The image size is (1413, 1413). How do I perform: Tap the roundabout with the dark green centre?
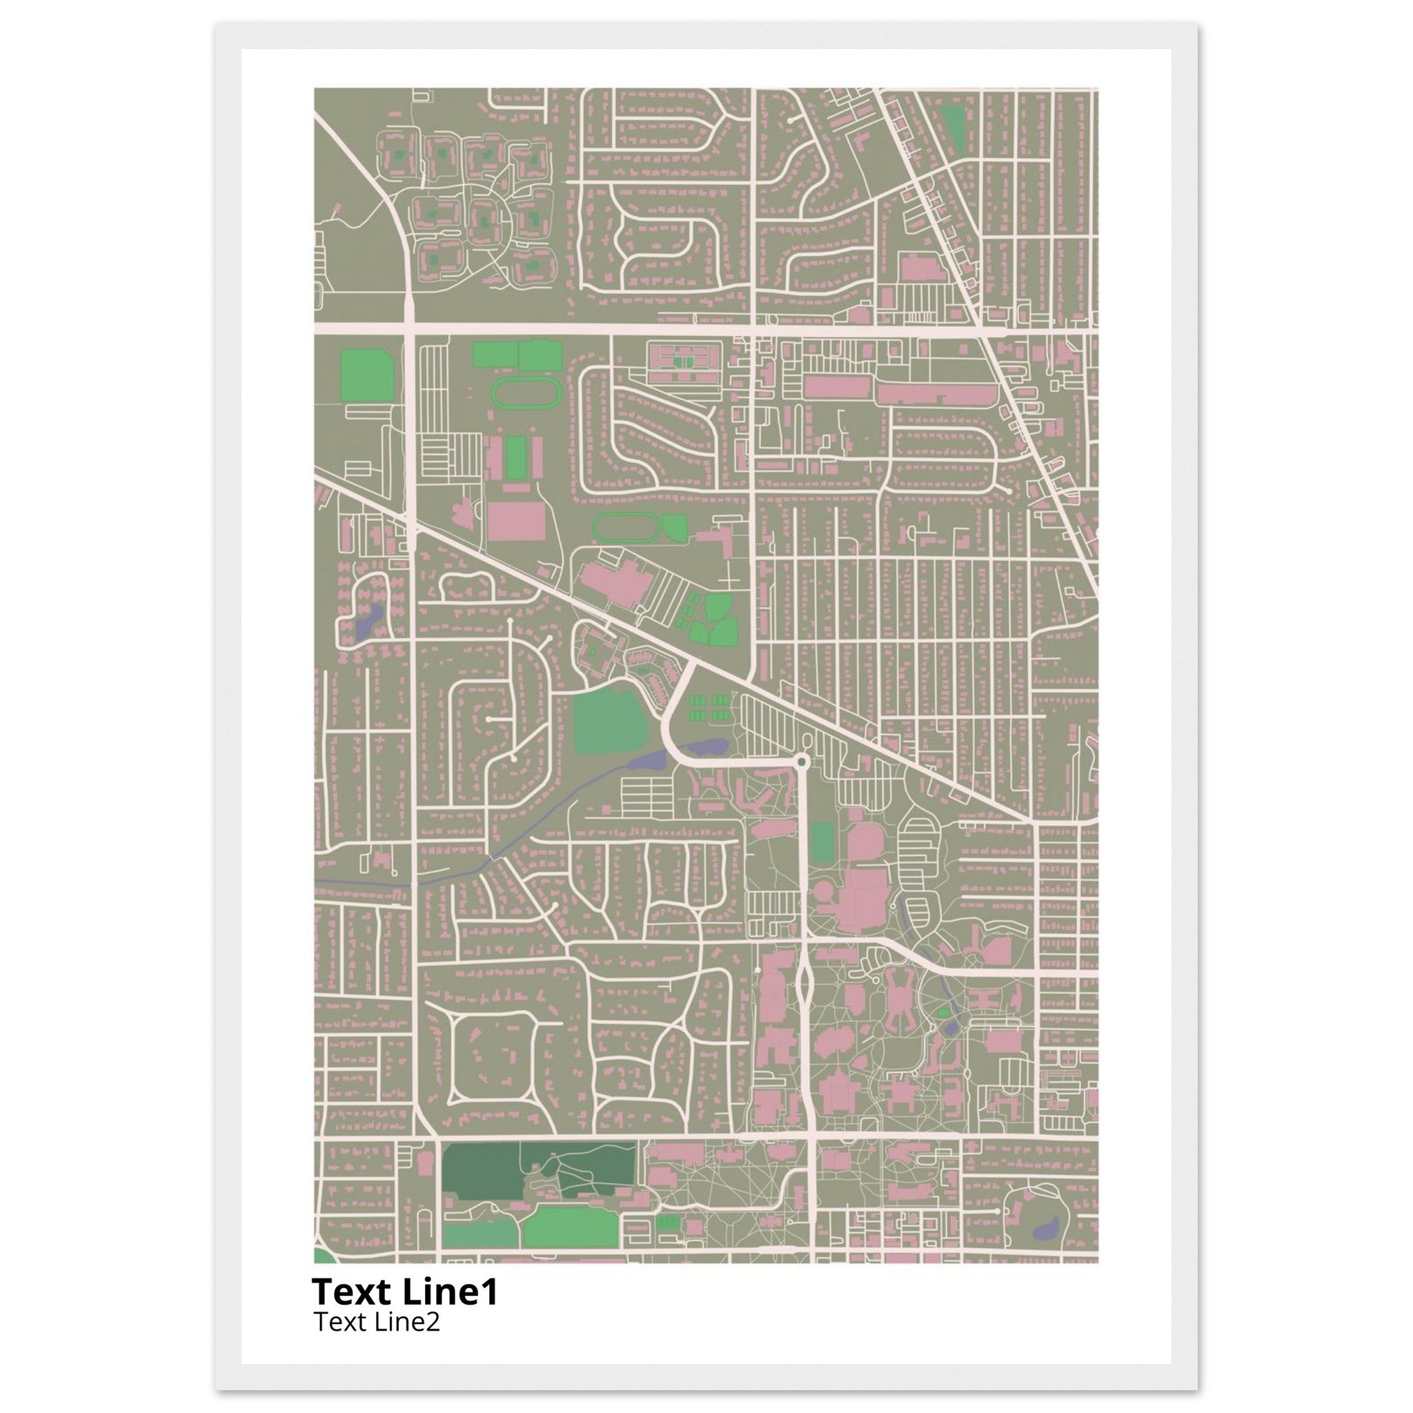(802, 763)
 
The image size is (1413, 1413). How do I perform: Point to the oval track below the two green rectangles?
(526, 394)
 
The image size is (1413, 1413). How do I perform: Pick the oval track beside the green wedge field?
(626, 527)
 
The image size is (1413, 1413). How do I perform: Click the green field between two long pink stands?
(516, 458)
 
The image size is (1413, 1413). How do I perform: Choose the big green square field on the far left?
(367, 374)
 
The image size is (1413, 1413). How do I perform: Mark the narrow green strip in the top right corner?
(953, 128)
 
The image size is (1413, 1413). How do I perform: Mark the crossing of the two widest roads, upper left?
(410, 330)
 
